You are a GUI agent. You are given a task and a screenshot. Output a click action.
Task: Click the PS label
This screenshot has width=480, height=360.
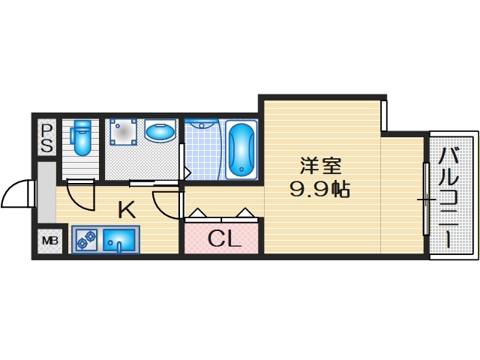[x=46, y=137]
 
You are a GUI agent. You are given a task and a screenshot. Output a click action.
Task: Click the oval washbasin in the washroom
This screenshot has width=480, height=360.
[x=160, y=133]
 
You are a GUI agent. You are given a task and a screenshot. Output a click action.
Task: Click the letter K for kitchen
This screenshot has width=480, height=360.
[x=125, y=210]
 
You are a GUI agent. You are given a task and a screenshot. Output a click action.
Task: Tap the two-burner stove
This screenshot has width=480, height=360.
[x=85, y=240]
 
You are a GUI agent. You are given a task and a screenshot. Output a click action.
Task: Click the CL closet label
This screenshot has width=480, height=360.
[x=223, y=239]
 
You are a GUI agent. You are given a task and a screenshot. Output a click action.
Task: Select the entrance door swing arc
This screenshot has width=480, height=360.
[x=16, y=195]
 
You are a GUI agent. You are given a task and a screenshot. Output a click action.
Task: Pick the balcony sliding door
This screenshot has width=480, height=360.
[x=426, y=199]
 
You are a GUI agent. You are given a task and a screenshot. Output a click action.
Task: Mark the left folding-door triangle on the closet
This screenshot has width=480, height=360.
[x=197, y=213]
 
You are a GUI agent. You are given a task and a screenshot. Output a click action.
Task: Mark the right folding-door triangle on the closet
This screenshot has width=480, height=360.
[x=246, y=213]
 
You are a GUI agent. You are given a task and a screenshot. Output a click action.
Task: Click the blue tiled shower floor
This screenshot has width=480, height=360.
[x=202, y=154]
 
